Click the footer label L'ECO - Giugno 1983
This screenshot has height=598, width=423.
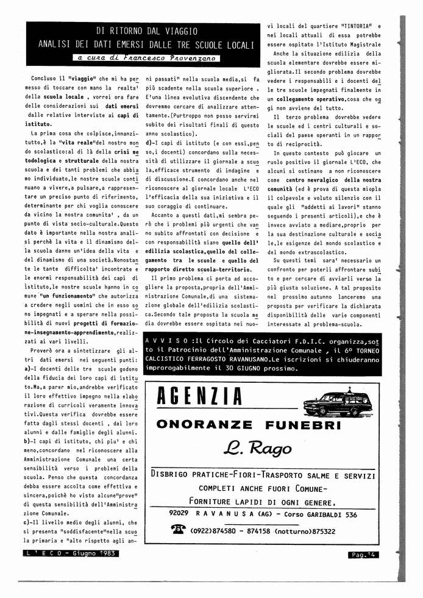coord(72,554)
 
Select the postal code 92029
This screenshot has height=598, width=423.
coord(182,514)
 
